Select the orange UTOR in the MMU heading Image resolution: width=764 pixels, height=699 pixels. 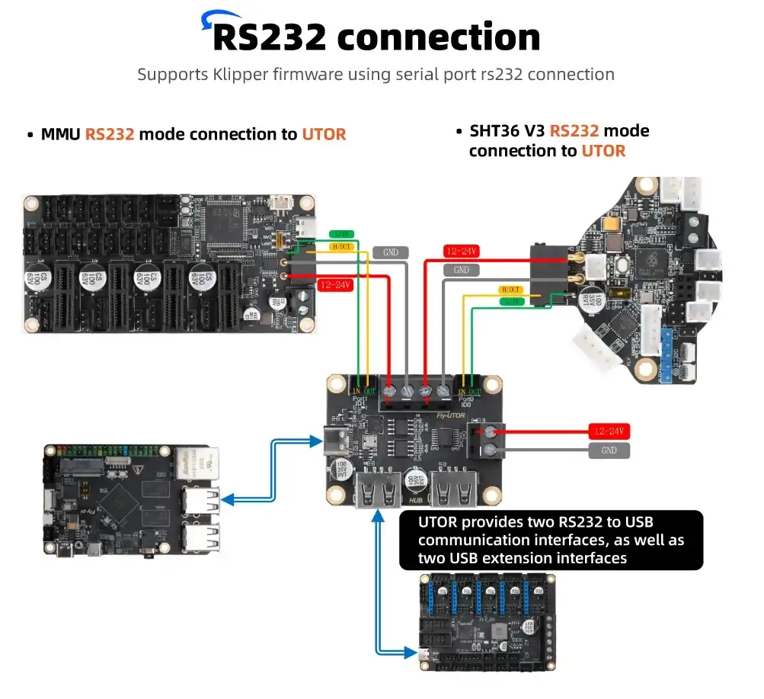[324, 135]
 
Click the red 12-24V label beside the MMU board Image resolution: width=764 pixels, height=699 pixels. [334, 285]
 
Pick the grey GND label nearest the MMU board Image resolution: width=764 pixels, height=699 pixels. [392, 252]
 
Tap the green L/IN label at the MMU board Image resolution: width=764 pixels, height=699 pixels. [340, 234]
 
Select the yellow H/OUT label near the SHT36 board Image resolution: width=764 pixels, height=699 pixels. [510, 290]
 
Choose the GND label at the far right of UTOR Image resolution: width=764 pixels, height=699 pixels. [609, 451]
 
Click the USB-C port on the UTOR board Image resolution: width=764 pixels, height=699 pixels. [334, 440]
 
